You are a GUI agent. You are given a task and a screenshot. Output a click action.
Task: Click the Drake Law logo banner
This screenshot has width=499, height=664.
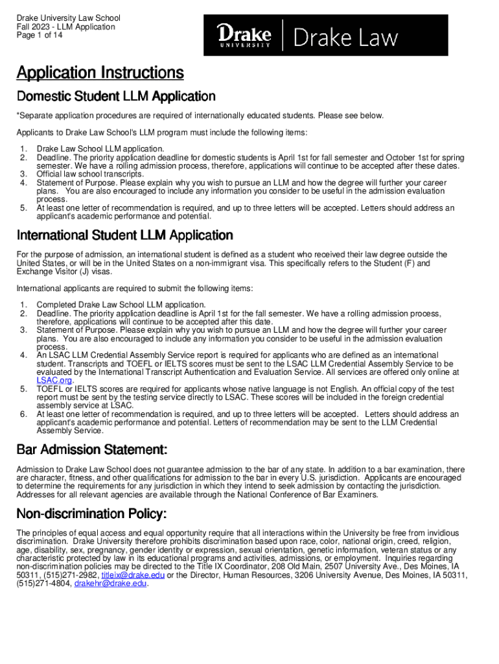[x=325, y=36]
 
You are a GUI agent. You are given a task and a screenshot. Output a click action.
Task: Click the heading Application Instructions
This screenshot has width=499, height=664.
[x=100, y=73]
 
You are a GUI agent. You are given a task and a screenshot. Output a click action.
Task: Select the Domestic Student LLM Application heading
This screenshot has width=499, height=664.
[x=116, y=97]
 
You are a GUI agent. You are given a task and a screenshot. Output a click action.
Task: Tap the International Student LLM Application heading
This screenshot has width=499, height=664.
[x=125, y=235]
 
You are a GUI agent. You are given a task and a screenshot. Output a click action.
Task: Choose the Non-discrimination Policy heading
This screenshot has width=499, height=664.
[x=91, y=514]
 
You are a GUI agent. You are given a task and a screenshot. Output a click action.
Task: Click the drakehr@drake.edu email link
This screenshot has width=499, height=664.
[x=111, y=583]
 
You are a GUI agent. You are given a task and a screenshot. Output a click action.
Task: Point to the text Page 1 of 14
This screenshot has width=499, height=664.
[x=40, y=36]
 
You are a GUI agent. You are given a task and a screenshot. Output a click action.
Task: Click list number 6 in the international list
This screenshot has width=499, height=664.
[x=23, y=414]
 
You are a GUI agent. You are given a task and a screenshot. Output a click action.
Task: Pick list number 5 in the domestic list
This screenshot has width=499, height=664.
[x=23, y=208]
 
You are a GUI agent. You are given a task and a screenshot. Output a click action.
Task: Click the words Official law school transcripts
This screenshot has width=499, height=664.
[x=90, y=174]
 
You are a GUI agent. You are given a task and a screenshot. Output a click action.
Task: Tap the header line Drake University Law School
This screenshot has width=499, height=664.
[x=68, y=18]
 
